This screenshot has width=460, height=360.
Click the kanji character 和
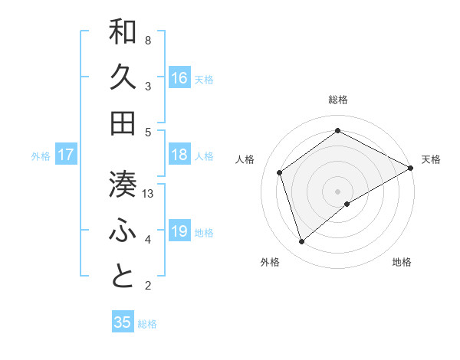123,33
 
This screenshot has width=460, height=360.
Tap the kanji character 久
123,77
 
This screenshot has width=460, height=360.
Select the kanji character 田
123,123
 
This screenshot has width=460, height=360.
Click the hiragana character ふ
123,231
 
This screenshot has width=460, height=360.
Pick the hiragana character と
123,277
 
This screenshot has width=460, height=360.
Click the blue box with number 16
179,77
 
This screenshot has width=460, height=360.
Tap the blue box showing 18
179,155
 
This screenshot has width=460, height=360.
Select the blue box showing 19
179,231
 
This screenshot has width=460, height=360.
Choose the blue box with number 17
66,155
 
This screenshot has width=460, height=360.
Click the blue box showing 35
123,322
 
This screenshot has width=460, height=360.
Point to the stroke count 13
149,194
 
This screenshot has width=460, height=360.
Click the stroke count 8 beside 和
148,41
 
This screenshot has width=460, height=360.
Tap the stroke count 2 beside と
148,286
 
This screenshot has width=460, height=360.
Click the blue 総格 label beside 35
147,324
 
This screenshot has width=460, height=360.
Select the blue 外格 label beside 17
41,156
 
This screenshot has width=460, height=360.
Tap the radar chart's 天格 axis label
431,159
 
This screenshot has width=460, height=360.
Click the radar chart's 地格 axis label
402,263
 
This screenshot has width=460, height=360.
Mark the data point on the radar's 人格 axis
280,172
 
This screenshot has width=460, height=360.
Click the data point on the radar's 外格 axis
302,242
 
